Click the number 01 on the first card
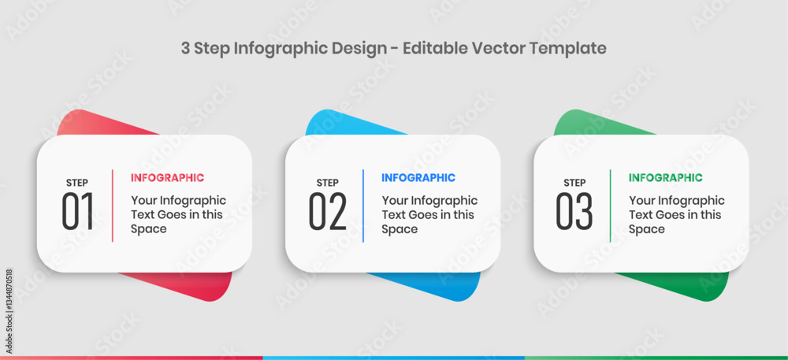pos(78,211)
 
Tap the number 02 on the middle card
pos(328,211)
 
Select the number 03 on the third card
pos(574,211)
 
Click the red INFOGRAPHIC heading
pos(167,178)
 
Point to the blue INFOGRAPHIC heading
pos(418,178)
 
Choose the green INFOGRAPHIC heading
pos(665,178)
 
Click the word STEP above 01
pos(77,183)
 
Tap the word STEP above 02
pos(327,183)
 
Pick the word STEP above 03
pos(574,183)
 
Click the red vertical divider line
pos(112,206)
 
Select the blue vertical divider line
pos(362,206)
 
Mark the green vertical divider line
pos(611,206)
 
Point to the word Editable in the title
pos(435,48)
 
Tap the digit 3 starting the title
pos(185,49)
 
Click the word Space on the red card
pos(149,229)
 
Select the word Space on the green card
pos(647,229)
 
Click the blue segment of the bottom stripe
pos(393,358)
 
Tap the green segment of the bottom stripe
pos(656,358)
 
